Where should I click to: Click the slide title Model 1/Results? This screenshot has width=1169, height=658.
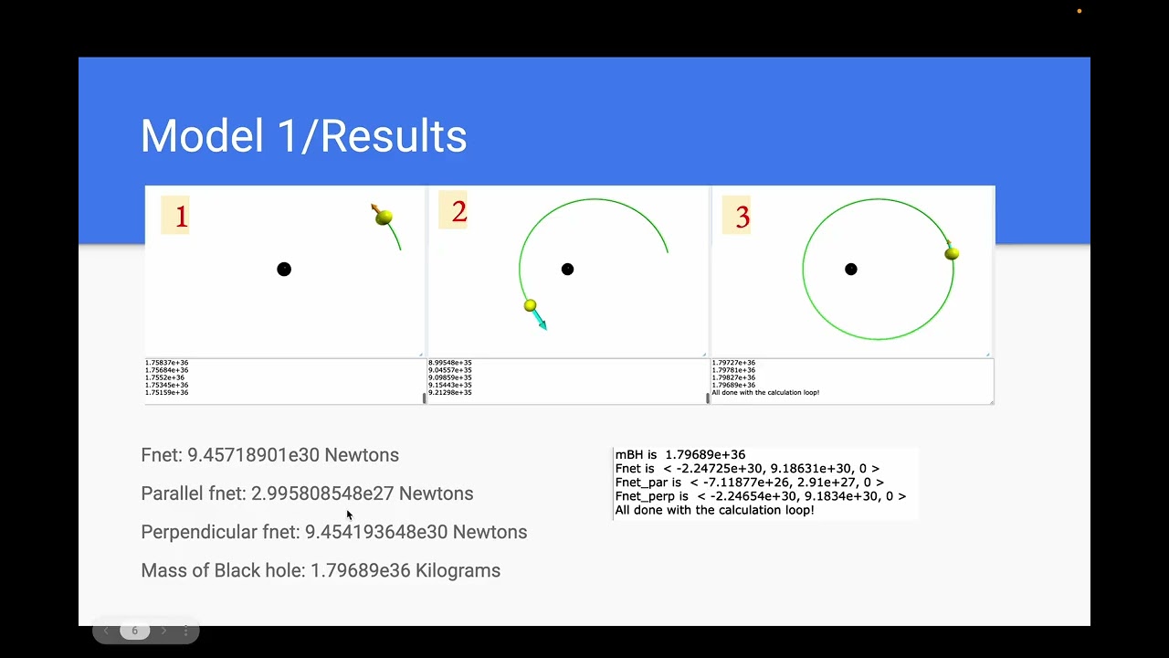[303, 136]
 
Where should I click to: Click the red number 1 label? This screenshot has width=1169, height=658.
[181, 217]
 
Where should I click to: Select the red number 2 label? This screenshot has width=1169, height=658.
[458, 212]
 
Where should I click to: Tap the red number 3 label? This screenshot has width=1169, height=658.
[742, 217]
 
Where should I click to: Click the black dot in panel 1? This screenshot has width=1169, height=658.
[284, 269]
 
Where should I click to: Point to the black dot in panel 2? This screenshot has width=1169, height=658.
[567, 269]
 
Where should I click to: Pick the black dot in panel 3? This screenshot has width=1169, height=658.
[851, 269]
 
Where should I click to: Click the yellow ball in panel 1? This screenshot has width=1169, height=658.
[384, 218]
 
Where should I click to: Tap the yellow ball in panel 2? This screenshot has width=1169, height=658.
[530, 305]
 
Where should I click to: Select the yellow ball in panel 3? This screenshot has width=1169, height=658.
[952, 253]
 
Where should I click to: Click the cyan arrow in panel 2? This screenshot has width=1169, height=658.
[540, 320]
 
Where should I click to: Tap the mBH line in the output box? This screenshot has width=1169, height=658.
[679, 454]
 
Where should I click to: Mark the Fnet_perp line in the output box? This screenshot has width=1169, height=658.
[760, 496]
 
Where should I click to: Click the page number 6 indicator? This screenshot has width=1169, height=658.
[134, 631]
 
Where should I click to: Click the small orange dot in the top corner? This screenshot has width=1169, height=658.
[1079, 11]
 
